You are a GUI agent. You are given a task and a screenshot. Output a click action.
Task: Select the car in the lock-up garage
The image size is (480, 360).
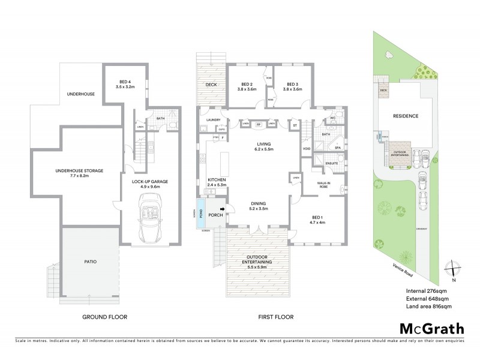coord(148,221)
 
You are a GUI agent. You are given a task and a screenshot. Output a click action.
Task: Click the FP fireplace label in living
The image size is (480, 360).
coord(258,124)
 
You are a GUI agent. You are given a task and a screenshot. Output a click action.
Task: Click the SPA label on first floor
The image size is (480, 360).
coord(338,147)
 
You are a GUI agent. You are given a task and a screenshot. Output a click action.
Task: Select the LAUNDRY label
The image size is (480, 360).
coord(214,120)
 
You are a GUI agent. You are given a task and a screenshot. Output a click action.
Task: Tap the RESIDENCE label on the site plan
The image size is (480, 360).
coord(406,115)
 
